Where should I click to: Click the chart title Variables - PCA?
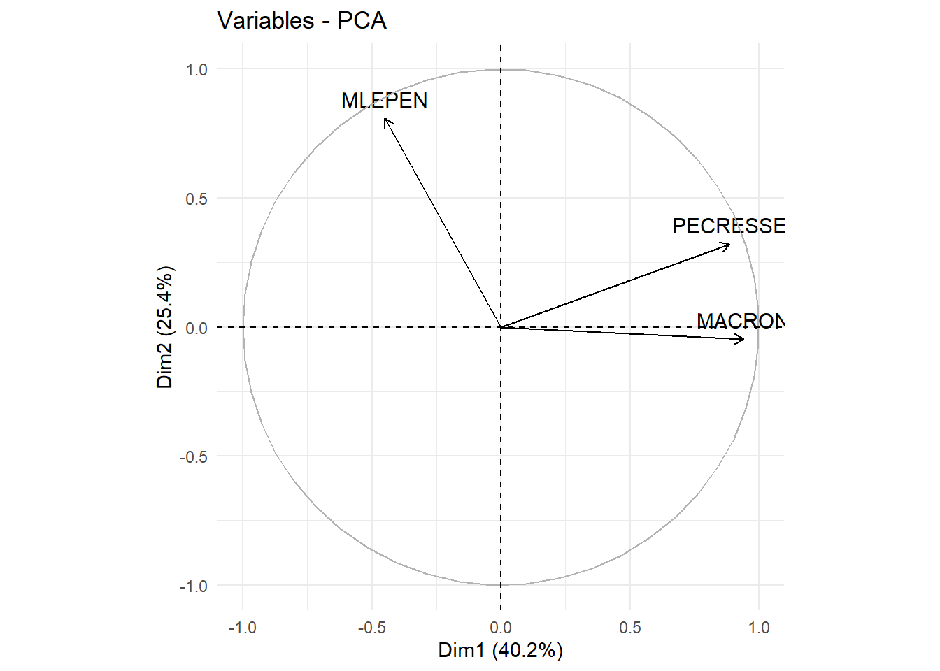click(x=301, y=21)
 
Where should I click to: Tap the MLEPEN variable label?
click(x=384, y=101)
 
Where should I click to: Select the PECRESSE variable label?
click(x=728, y=226)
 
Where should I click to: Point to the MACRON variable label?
click(x=741, y=321)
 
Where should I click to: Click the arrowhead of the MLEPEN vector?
click(x=385, y=120)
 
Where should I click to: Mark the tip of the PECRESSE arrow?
click(x=729, y=245)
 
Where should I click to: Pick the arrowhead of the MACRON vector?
click(x=743, y=340)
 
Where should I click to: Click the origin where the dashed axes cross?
click(x=501, y=327)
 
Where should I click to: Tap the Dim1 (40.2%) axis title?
click(x=500, y=650)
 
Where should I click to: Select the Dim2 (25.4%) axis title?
click(x=164, y=327)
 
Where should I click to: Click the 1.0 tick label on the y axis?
click(x=197, y=69)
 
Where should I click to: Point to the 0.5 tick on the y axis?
click(x=197, y=199)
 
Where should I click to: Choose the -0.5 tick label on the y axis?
click(x=194, y=456)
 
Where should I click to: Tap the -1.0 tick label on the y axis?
click(x=194, y=586)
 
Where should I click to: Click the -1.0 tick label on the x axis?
click(x=242, y=628)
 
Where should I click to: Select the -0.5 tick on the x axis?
click(x=371, y=628)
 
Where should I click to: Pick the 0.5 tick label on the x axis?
click(x=629, y=628)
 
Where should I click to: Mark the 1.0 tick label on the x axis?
click(x=759, y=628)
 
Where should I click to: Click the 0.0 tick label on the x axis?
click(x=501, y=628)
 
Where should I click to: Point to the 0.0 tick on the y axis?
click(x=197, y=328)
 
